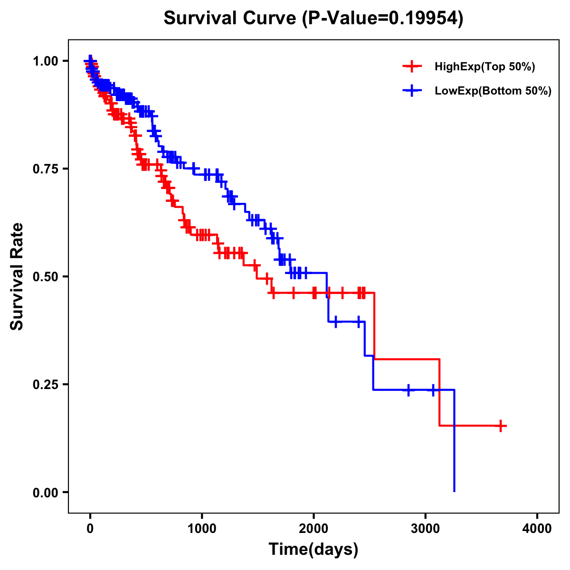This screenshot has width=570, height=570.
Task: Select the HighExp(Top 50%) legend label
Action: click(x=485, y=67)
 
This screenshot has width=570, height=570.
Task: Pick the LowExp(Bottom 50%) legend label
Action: click(x=493, y=91)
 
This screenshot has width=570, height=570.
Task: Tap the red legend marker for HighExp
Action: click(x=412, y=67)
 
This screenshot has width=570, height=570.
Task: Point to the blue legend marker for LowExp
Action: click(x=412, y=91)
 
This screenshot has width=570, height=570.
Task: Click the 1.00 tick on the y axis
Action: click(x=45, y=61)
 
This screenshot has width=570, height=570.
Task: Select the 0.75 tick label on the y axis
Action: click(x=45, y=169)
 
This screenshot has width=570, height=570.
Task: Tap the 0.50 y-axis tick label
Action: click(x=45, y=276)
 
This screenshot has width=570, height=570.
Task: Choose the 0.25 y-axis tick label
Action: click(x=45, y=384)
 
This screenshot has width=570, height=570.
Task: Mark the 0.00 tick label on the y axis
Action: click(x=45, y=493)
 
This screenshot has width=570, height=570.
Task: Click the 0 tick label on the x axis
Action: click(x=90, y=529)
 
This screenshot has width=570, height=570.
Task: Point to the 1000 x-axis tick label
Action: click(x=202, y=529)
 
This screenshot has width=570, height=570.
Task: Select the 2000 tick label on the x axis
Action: click(x=313, y=529)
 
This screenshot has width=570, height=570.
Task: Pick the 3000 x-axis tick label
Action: click(x=426, y=529)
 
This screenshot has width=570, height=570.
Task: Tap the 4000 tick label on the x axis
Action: click(x=537, y=529)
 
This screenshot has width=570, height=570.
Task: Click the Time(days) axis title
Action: click(x=313, y=550)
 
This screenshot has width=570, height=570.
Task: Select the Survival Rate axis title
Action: click(x=17, y=276)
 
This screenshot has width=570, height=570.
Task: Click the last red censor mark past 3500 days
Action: click(x=501, y=426)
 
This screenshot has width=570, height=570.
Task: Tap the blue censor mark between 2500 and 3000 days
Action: click(x=408, y=390)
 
